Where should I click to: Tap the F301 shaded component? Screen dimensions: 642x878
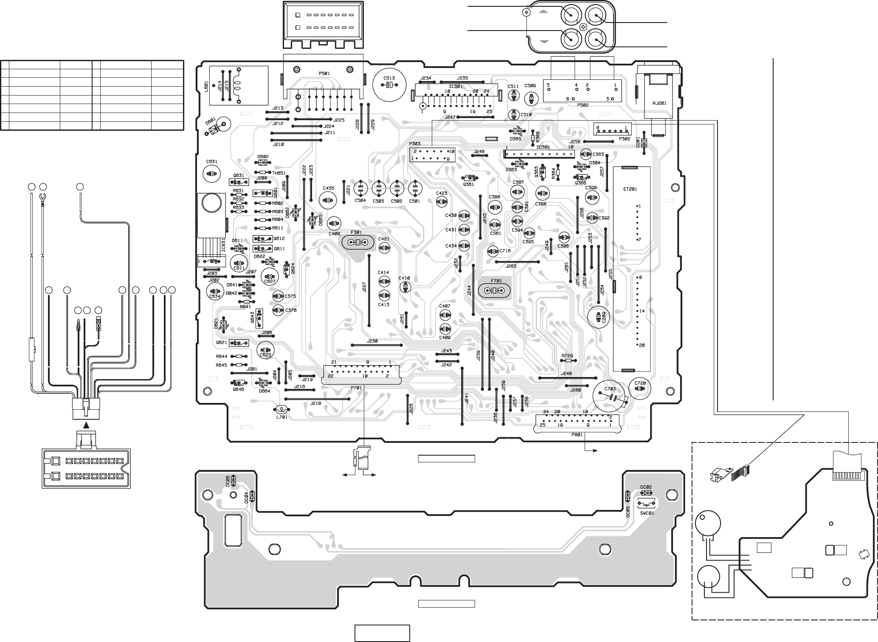(358, 242)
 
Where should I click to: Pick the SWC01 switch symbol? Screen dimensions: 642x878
(646, 505)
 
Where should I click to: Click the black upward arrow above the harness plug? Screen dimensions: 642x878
(86, 425)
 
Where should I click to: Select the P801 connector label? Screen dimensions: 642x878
(578, 434)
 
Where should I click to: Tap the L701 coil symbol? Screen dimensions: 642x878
(281, 410)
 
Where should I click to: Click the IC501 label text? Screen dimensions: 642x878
(456, 87)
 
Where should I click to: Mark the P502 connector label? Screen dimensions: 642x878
(583, 105)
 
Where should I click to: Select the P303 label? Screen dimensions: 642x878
(415, 144)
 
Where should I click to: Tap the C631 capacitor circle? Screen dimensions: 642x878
(211, 173)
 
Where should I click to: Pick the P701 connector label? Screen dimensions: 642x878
(356, 388)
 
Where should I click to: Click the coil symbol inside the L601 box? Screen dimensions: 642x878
(238, 85)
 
